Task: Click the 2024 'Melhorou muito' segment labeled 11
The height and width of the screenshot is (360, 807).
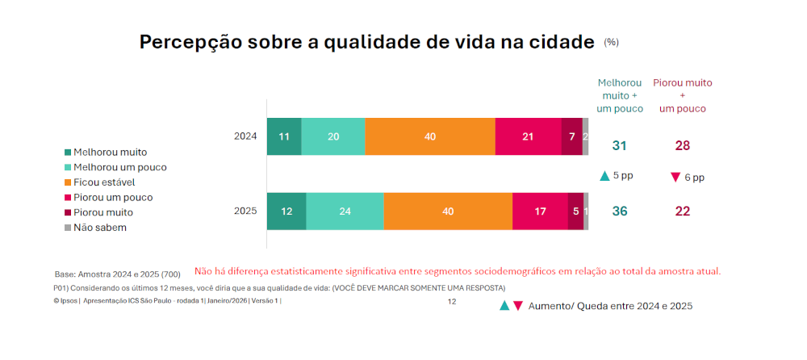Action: coord(284,136)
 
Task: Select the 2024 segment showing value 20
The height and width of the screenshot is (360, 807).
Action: coord(332,136)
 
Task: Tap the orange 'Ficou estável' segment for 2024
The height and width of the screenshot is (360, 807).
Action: coord(430,136)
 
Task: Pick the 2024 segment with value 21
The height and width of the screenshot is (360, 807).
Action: coord(528,136)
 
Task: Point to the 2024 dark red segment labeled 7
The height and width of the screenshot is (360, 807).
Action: coord(571,136)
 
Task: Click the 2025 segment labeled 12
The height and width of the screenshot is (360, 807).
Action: coord(286,211)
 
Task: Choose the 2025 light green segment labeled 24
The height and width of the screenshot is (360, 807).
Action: coord(345,211)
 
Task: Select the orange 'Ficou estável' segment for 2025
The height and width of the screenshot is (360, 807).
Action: coord(448,211)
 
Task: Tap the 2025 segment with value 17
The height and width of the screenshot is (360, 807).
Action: coord(540,211)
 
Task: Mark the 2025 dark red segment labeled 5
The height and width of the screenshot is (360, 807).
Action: coord(575,211)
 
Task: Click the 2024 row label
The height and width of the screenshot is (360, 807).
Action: coord(245,136)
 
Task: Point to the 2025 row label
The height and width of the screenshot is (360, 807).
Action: coord(245,211)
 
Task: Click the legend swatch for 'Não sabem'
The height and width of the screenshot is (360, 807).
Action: coord(68,228)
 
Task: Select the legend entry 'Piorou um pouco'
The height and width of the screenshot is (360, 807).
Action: coord(112,197)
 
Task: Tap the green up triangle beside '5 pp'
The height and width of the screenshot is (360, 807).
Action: coord(604,176)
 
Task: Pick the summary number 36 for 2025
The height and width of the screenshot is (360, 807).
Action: coord(620,211)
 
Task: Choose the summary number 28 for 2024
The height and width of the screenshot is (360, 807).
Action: coord(683,146)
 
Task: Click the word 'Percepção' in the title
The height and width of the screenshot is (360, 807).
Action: coord(190,43)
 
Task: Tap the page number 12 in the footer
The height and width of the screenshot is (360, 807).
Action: coord(452,301)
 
